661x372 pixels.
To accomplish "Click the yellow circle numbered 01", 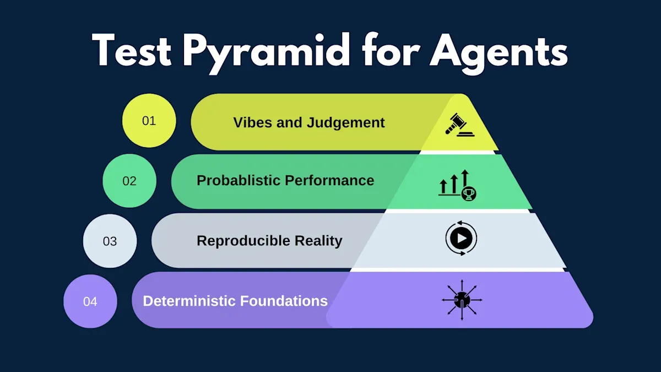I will point(149,121).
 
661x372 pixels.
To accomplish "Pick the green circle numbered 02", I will point(129,181).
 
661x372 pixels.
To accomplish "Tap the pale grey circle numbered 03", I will point(110,241).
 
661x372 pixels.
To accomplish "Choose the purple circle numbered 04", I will point(90,301).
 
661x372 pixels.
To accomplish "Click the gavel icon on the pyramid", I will point(460,124).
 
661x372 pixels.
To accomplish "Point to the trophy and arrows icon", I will point(458,185).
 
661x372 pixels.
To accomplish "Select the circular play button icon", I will point(461,239).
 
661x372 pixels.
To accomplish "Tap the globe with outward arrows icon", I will point(462,300).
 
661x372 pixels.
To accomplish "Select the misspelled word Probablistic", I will point(239,181).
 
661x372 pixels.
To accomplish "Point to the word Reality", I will point(319,241).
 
